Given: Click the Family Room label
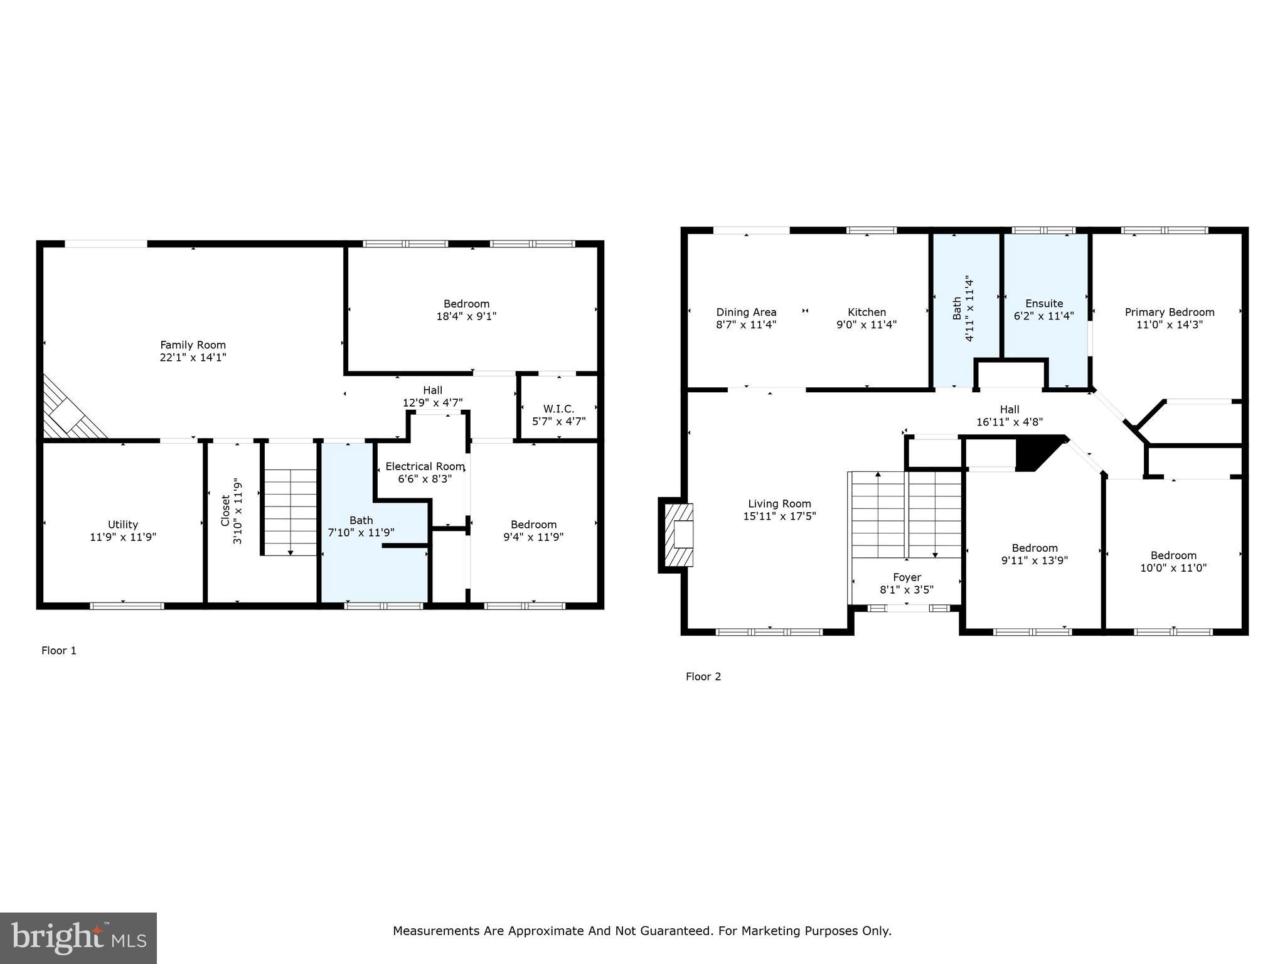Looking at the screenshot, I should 193,345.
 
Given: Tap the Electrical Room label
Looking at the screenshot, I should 425,466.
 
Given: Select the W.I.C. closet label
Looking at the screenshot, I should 558,409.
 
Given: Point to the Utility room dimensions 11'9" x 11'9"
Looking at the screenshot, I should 123,537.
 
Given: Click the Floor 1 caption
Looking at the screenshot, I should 59,650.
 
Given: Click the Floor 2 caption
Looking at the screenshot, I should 703,676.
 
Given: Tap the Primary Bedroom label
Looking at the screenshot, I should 1169,312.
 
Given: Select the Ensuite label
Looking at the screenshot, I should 1044,303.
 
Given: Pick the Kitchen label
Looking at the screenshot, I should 866,312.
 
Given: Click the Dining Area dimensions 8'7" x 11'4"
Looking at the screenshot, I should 746,324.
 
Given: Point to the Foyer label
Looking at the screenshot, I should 907,577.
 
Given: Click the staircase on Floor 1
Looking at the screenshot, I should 290,511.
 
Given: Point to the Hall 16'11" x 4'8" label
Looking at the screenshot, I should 1009,415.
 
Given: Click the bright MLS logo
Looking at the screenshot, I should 78,938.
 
